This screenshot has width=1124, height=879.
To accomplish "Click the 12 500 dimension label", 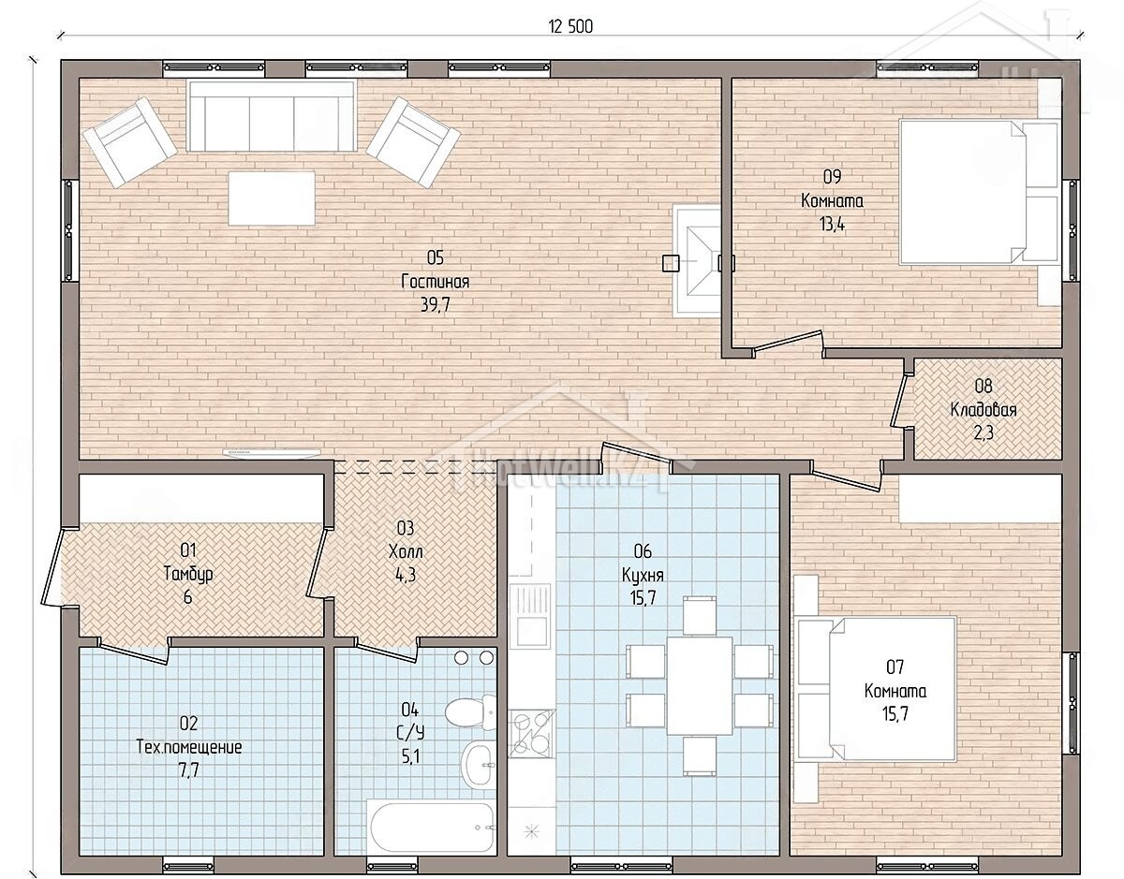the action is click(x=570, y=26).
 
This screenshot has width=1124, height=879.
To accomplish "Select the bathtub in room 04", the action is click(x=430, y=827).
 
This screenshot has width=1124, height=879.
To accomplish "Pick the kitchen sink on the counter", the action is click(x=529, y=615).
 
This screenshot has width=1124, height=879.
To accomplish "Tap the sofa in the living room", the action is click(x=271, y=116).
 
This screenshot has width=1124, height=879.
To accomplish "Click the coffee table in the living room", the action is click(x=272, y=198).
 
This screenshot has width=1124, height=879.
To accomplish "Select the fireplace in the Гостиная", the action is click(x=697, y=262).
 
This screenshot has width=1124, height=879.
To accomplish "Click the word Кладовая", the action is click(x=983, y=410).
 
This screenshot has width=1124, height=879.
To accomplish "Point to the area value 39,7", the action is click(x=435, y=305).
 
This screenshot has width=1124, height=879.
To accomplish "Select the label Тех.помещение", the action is click(x=189, y=748).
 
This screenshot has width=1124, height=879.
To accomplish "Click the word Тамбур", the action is click(x=187, y=574).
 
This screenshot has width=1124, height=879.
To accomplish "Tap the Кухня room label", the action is click(x=643, y=575).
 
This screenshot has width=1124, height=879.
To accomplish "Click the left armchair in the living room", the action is click(x=130, y=141).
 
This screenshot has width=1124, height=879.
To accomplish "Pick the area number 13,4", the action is click(x=832, y=225).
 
